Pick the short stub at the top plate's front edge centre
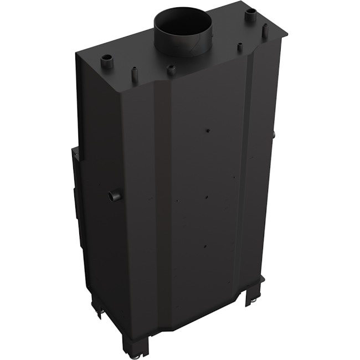(171, 70)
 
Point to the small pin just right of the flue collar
(240, 47)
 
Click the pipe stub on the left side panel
(115, 196)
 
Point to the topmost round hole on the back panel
(207, 130)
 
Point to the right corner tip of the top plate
(289, 33)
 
